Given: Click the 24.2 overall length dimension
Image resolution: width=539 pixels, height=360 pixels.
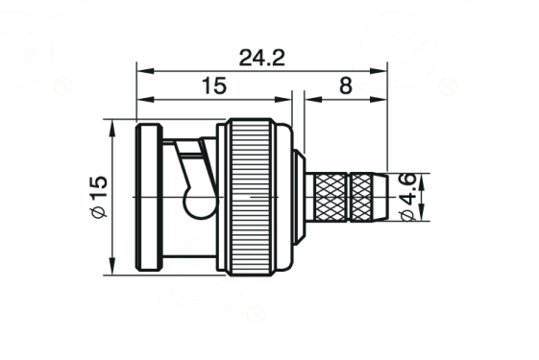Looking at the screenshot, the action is (262, 58).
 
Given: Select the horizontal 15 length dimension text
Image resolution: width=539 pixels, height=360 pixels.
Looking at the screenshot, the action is (214, 85).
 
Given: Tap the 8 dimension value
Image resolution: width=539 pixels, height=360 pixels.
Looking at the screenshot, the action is (346, 85).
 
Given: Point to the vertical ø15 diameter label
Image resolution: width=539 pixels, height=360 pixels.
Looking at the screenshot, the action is (99, 197).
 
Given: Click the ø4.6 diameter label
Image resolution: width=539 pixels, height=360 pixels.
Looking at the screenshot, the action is (408, 197).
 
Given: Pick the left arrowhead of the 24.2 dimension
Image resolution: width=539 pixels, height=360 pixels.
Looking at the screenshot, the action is (145, 71).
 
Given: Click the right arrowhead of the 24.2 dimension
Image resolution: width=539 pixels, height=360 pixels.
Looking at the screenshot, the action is (379, 71).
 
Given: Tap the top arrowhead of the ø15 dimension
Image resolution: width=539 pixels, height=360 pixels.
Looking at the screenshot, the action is (111, 128).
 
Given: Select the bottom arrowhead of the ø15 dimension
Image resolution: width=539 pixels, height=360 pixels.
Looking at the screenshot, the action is (111, 266).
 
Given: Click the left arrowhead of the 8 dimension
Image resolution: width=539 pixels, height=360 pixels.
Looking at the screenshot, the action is (313, 99).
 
